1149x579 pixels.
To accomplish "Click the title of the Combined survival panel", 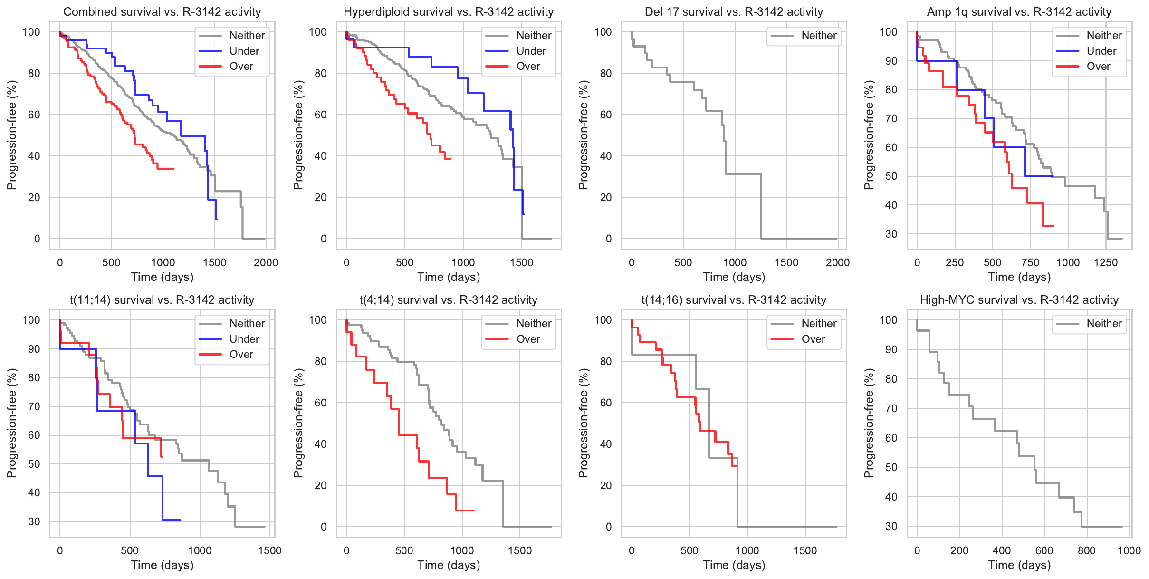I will pyautogui.click(x=162, y=11).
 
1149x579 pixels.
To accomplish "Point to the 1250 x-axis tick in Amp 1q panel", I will pyautogui.click(x=1106, y=262).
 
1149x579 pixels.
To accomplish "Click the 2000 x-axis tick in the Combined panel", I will pyautogui.click(x=266, y=262).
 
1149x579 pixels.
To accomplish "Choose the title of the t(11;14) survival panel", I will pyautogui.click(x=162, y=299).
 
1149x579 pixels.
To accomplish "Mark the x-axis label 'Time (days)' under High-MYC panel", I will pyautogui.click(x=1019, y=565).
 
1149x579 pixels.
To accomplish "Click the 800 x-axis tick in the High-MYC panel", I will pyautogui.click(x=1087, y=550).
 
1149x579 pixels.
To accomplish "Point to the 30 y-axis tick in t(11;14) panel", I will pyautogui.click(x=34, y=521).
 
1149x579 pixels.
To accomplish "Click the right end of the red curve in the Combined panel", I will pyautogui.click(x=174, y=169).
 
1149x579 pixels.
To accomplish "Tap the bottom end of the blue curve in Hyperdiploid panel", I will pyautogui.click(x=524, y=214).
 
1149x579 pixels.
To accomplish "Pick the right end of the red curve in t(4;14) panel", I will pyautogui.click(x=474, y=511).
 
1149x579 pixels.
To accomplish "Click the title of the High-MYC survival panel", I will pyautogui.click(x=1019, y=299).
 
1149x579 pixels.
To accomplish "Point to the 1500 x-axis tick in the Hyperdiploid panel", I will pyautogui.click(x=522, y=262).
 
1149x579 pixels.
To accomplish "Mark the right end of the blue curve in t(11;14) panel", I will pyautogui.click(x=180, y=520).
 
